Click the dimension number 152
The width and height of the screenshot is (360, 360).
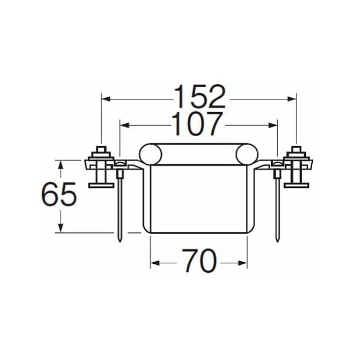tap(200, 96)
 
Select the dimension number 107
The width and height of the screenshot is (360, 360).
tap(197, 124)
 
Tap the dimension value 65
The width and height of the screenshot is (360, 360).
tap(58, 194)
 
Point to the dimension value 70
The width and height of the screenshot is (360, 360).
tap(199, 260)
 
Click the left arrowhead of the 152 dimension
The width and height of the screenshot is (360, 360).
tap(106, 99)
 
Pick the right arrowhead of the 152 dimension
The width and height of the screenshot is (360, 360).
tap(291, 99)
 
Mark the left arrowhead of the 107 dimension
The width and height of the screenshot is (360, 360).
tap(125, 125)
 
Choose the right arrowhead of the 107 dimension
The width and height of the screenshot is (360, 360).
tap(273, 125)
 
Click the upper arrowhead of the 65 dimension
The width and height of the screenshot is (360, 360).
tap(60, 165)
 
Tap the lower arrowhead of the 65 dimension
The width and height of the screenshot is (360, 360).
tap(60, 228)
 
